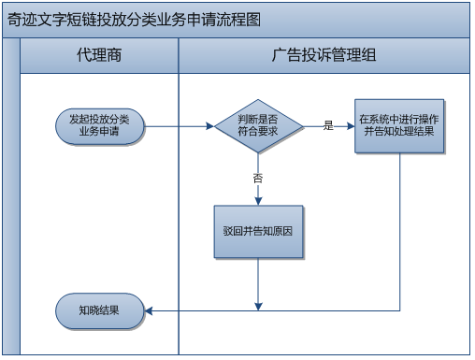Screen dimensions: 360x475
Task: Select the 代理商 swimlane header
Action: tap(99, 56)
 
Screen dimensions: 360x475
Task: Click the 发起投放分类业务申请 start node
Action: tap(100, 125)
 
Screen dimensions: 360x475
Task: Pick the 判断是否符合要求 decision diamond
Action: tap(258, 125)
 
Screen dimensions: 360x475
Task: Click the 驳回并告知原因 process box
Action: tap(258, 231)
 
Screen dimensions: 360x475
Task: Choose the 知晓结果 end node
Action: tap(99, 310)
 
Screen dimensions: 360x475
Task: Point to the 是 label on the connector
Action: tap(328, 125)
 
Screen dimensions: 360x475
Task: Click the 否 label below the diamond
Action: tap(258, 177)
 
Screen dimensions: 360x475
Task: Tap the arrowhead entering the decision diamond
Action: tap(209, 125)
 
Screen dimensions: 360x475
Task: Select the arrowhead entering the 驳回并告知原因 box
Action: tap(258, 200)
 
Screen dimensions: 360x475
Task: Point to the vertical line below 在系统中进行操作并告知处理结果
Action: tap(400, 234)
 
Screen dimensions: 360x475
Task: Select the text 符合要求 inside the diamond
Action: tap(258, 132)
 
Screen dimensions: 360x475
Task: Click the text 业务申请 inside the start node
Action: tap(100, 132)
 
